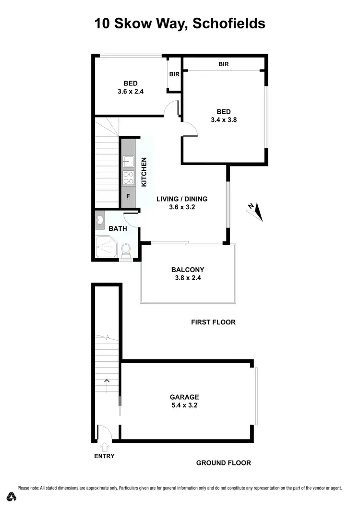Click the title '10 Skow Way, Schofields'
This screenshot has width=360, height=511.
(x=180, y=23)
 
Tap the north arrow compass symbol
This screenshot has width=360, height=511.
(x=256, y=212)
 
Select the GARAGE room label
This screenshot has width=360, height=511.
(x=184, y=397)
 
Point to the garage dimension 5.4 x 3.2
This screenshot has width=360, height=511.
(x=184, y=405)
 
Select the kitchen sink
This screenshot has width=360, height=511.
(x=128, y=161)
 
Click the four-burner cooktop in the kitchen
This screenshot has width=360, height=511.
(x=128, y=178)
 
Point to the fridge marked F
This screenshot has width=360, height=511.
(x=128, y=196)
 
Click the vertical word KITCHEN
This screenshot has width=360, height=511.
(x=143, y=172)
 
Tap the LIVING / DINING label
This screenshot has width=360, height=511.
(x=182, y=199)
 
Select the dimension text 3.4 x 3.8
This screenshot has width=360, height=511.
(x=224, y=120)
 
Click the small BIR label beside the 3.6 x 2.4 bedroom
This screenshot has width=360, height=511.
(x=174, y=74)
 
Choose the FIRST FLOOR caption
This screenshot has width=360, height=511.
(x=213, y=322)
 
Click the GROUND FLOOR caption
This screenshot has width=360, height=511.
(x=223, y=463)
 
